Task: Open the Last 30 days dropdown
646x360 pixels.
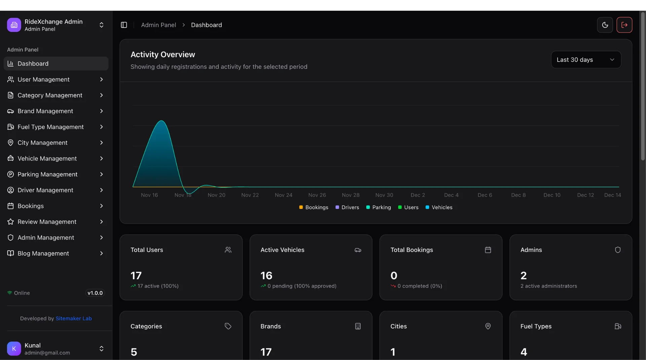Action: [x=586, y=60]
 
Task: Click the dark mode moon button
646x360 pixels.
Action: [x=605, y=25]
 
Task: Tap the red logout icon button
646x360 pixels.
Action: [x=624, y=25]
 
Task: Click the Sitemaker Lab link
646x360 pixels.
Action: [x=74, y=318]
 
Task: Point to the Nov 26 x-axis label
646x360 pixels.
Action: [x=317, y=195]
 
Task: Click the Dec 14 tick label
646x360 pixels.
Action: [x=612, y=195]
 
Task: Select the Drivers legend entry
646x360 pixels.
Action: [x=347, y=207]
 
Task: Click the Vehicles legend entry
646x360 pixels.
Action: [x=439, y=207]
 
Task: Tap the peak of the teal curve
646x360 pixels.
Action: [x=161, y=120]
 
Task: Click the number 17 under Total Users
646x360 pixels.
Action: [x=136, y=276]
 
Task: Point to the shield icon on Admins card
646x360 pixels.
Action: [x=618, y=250]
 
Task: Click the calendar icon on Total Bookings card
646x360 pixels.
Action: [x=488, y=250]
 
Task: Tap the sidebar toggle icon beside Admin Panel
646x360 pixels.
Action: [x=124, y=25]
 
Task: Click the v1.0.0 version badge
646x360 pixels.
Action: [x=95, y=293]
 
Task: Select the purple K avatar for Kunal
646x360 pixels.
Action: [x=14, y=349]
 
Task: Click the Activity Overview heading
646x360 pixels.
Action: [x=163, y=55]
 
